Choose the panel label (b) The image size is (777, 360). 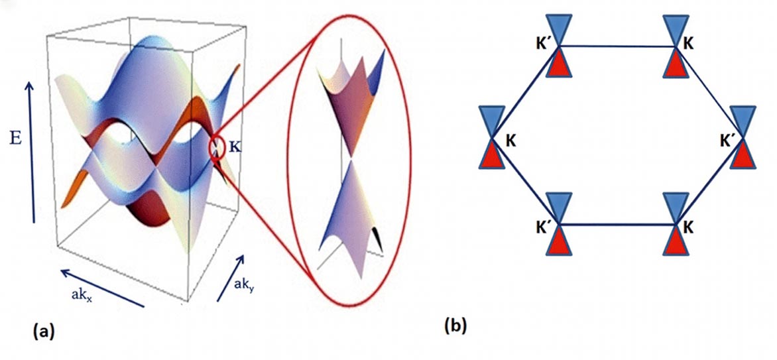click(x=457, y=325)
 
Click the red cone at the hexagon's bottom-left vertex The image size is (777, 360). click(x=558, y=242)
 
